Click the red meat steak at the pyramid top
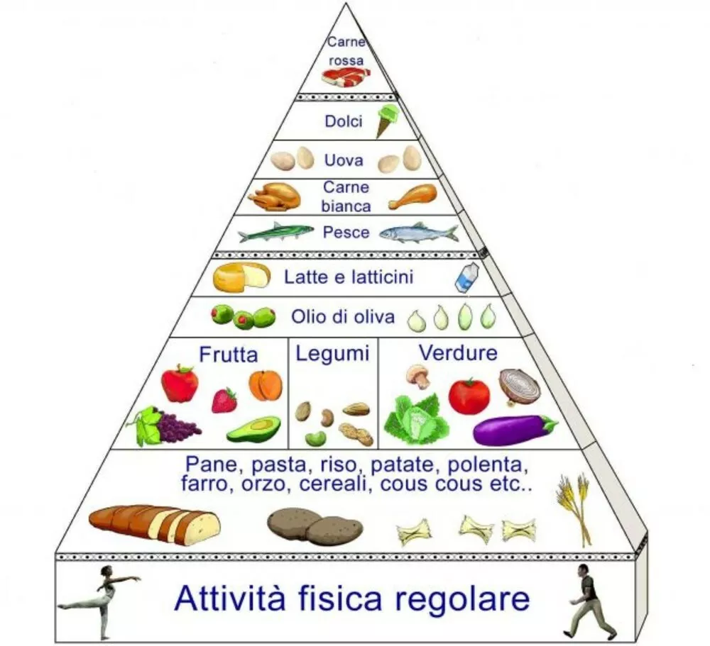(346, 76)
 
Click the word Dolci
(344, 121)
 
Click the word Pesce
(346, 232)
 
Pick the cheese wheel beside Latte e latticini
(241, 277)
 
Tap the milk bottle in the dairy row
(466, 277)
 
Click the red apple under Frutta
(180, 383)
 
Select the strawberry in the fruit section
(224, 400)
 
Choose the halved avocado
(253, 429)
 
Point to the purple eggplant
(514, 429)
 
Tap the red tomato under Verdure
(469, 396)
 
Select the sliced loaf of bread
(155, 525)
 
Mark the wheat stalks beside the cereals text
(575, 507)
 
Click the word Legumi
(333, 353)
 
